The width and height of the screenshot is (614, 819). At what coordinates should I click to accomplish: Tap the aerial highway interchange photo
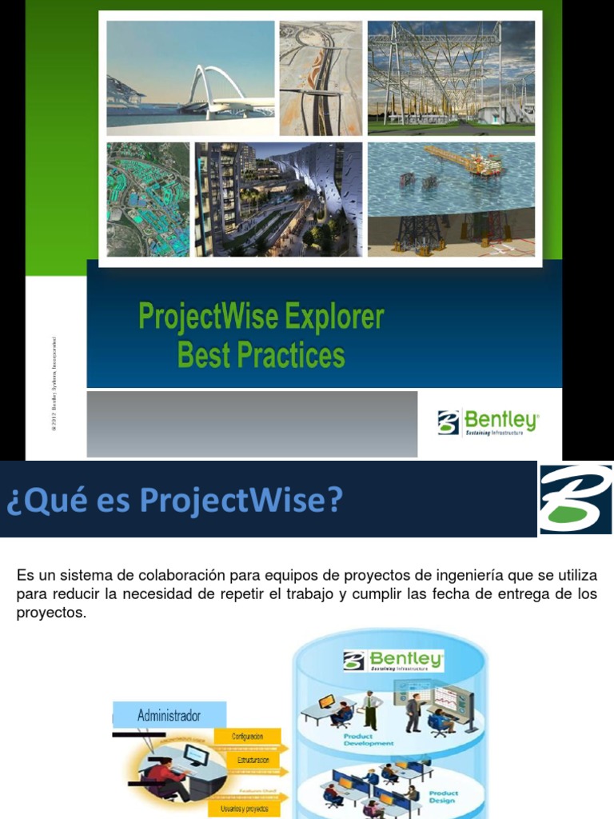pyautogui.click(x=320, y=78)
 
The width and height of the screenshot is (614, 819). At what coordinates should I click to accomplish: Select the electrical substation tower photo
pyautogui.click(x=451, y=78)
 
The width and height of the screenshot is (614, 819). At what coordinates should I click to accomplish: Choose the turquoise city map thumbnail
pyautogui.click(x=148, y=199)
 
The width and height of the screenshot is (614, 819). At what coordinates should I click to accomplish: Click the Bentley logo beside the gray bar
pyautogui.click(x=488, y=421)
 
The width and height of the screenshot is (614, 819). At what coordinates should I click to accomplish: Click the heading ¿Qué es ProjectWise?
pyautogui.click(x=174, y=501)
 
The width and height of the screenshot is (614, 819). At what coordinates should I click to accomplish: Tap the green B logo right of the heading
pyautogui.click(x=576, y=499)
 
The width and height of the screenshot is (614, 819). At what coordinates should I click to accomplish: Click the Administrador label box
pyautogui.click(x=169, y=715)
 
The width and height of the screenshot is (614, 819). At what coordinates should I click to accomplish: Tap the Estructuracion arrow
pyautogui.click(x=249, y=760)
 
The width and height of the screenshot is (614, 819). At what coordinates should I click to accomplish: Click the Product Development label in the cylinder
pyautogui.click(x=369, y=739)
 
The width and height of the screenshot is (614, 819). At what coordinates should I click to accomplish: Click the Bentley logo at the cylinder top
pyautogui.click(x=393, y=661)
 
